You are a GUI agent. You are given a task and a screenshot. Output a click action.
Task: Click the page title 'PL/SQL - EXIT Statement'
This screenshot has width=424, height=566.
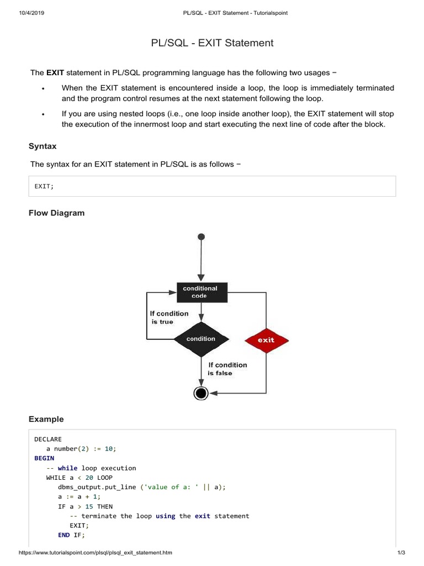pos(212,43)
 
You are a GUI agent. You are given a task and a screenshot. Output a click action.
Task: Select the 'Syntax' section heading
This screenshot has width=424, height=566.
pos(43,146)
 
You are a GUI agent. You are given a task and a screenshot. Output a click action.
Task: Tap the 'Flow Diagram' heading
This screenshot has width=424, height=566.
pos(56,213)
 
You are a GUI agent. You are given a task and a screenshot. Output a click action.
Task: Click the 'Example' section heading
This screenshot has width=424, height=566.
pos(46,419)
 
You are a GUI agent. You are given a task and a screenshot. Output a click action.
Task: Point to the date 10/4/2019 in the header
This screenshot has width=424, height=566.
pos(31,13)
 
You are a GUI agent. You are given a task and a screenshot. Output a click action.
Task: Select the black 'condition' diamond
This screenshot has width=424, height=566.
pos(200,339)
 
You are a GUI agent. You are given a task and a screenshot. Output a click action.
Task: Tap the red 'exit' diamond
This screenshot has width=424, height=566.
pos(266,340)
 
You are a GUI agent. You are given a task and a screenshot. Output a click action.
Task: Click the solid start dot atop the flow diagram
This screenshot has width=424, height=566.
pos(201,237)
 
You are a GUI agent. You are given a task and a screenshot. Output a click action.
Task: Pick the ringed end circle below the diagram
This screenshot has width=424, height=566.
pos(201,393)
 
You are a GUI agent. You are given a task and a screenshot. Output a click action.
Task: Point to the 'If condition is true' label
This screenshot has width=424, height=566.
pos(168,317)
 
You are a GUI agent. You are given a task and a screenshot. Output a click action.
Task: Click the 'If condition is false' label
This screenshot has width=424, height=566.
pos(227,369)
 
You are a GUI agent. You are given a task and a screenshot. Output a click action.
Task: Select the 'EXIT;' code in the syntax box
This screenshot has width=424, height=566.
pos(44,187)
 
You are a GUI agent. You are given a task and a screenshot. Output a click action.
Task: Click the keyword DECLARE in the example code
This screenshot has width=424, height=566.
pos(48,439)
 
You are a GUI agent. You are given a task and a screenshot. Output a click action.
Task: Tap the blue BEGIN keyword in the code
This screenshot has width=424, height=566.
pos(44,458)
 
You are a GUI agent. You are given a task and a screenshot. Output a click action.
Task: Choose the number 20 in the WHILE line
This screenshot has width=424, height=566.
pos(89,478)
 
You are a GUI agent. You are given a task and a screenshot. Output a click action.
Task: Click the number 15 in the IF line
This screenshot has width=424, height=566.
pos(89,506)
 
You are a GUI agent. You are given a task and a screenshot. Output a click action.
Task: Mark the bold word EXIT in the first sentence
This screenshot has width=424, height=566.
pos(55,72)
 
